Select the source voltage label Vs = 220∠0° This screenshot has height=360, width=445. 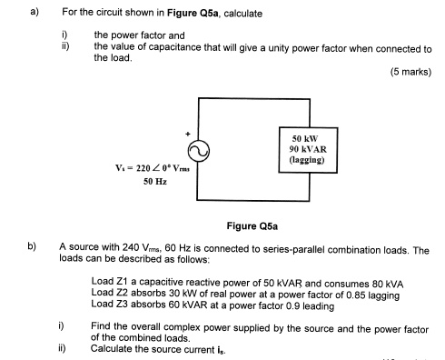click(x=147, y=168)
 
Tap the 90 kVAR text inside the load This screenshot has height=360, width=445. click(x=305, y=148)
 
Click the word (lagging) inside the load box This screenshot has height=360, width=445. click(x=305, y=159)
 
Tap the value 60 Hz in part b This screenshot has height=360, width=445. click(x=160, y=246)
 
